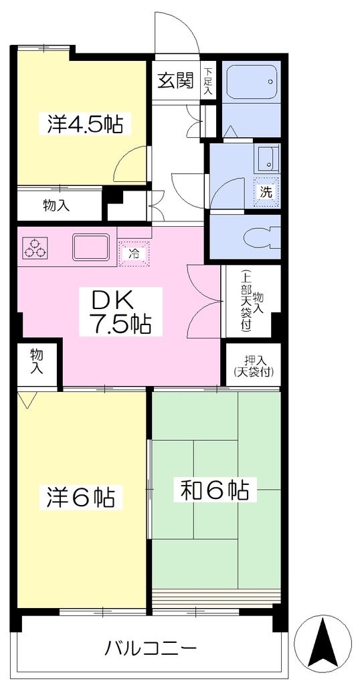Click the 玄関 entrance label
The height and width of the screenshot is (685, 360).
pyautogui.click(x=175, y=81)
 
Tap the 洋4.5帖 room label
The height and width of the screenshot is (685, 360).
pyautogui.click(x=84, y=124)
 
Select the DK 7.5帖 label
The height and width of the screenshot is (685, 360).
pyautogui.click(x=120, y=312)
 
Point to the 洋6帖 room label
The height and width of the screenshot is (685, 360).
pyautogui.click(x=81, y=497)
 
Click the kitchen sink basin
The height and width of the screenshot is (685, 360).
pyautogui.click(x=91, y=247)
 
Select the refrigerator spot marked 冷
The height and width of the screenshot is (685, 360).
pyautogui.click(x=134, y=254)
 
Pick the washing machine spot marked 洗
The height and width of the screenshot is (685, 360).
pyautogui.click(x=266, y=192)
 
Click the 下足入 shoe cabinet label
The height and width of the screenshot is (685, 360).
pyautogui.click(x=208, y=82)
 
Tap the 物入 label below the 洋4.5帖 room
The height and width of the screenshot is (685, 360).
pyautogui.click(x=56, y=205)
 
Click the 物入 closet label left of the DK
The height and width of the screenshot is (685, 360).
pyautogui.click(x=37, y=361)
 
